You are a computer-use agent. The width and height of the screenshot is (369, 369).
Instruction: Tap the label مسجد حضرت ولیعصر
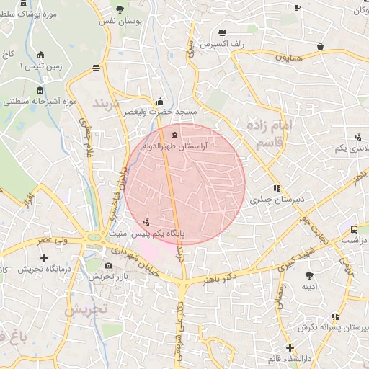(160, 113)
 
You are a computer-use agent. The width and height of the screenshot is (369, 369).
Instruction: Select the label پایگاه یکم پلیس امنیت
(147, 234)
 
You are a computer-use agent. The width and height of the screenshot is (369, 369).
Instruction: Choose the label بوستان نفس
(119, 23)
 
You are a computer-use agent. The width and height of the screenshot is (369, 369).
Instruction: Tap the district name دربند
(110, 99)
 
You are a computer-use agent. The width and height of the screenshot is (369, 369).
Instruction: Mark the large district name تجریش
(86, 309)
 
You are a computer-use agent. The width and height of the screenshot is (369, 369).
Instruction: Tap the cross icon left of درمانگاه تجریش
(45, 257)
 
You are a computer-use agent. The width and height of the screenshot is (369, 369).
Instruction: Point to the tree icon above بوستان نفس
(119, 9)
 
